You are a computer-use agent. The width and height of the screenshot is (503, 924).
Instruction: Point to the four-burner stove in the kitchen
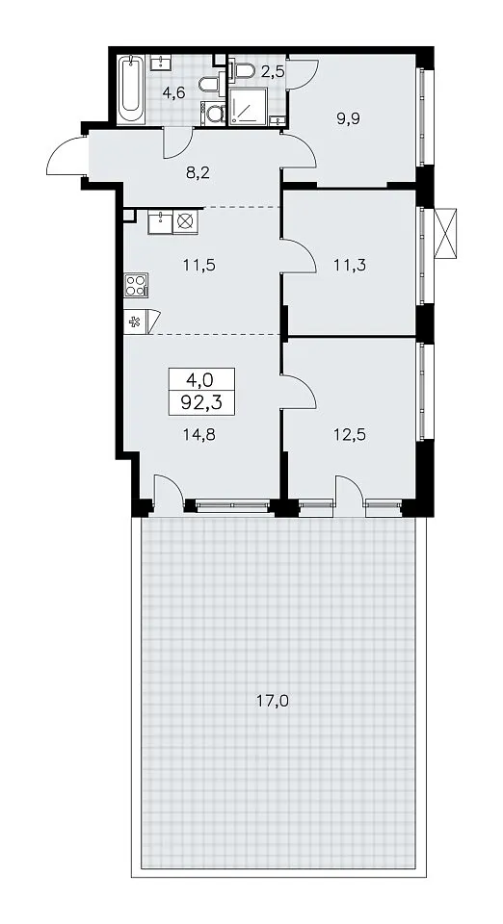point(136,285)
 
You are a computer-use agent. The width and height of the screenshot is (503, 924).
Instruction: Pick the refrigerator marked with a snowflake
point(136,321)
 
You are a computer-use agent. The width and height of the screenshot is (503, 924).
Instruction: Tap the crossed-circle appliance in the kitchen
point(186,222)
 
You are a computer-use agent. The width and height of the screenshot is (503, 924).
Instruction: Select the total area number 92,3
point(201,404)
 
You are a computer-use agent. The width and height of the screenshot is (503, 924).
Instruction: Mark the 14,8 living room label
point(199,435)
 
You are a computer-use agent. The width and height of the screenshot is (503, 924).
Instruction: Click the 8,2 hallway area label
point(199,172)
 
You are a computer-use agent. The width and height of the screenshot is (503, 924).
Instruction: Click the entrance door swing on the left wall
point(66,155)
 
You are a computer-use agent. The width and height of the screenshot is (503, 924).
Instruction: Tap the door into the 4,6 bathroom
point(177,142)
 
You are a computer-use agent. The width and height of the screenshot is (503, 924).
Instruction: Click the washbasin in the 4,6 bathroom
point(160,63)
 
